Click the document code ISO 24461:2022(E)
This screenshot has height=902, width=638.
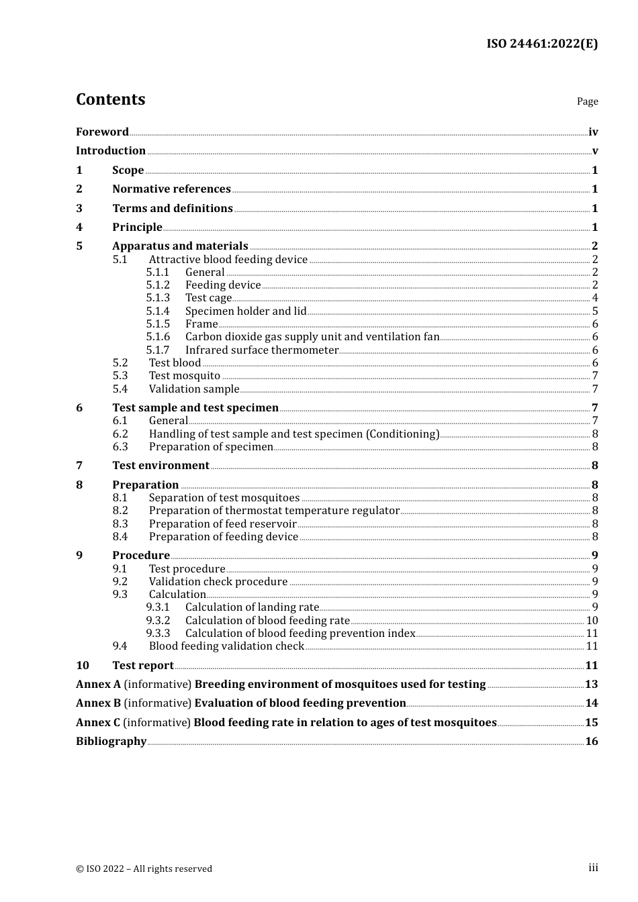click(x=542, y=44)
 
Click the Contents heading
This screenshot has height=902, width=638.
click(x=110, y=99)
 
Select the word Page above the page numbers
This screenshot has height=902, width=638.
click(x=587, y=101)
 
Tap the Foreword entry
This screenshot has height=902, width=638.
click(x=102, y=132)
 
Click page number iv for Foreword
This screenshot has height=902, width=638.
click(x=593, y=132)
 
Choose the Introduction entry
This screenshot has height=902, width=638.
click(x=111, y=150)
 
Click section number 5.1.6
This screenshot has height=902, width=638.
click(x=158, y=337)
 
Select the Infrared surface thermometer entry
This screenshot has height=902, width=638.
click(x=262, y=350)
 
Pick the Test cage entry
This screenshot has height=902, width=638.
click(x=208, y=298)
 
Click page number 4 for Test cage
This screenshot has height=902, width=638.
click(x=595, y=298)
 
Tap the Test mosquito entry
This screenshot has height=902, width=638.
click(x=185, y=376)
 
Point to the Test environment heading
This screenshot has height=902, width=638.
click(x=161, y=465)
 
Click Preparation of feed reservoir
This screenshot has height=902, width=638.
click(x=222, y=524)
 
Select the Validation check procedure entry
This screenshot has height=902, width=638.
click(x=218, y=582)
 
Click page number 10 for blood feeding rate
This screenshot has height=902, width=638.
click(x=592, y=621)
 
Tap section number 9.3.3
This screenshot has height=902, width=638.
click(x=158, y=634)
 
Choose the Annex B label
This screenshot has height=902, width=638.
click(x=98, y=703)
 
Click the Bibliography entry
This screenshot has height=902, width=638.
click(x=111, y=741)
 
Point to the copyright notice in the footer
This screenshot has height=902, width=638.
click(x=144, y=868)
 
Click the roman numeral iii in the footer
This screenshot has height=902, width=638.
click(x=593, y=868)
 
